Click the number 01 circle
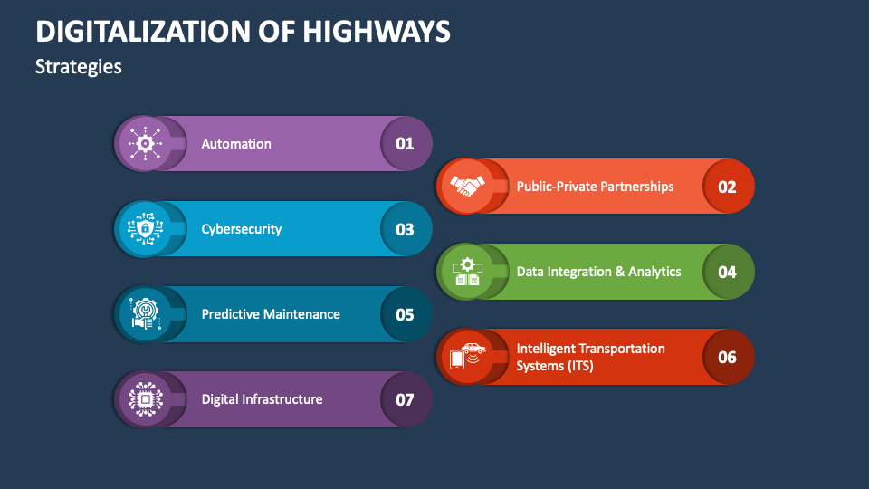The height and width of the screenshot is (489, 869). point(405,143)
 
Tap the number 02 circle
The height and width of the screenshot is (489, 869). point(727,187)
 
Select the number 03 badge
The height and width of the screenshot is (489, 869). point(405,229)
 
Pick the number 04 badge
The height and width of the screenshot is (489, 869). point(727,272)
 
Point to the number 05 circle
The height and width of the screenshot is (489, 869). point(405,314)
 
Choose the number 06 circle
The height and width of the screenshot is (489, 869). point(727,357)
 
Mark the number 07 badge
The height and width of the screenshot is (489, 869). point(405,399)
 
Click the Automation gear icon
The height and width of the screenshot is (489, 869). point(145,143)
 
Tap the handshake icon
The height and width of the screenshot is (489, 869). point(467,187)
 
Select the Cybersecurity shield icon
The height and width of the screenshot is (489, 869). point(145,229)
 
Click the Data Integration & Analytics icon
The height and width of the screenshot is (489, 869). point(467,272)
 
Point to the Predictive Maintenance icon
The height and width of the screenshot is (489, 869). point(145,314)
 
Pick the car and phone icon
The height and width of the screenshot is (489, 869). point(467,356)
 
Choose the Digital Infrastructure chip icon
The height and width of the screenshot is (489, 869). point(145,399)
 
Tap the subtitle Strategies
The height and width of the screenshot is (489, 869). point(78,67)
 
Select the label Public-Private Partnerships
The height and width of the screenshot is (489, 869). point(595,187)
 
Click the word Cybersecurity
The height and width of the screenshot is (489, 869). point(241,229)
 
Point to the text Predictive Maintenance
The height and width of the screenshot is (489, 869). point(271,314)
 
